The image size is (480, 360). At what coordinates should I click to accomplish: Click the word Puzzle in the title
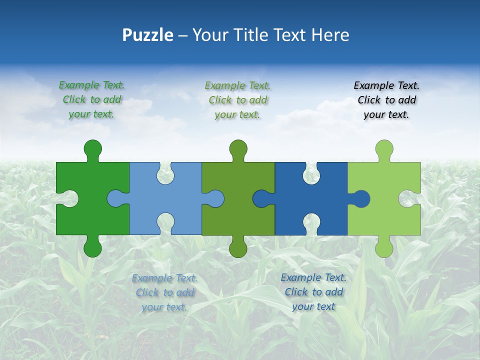[148, 35]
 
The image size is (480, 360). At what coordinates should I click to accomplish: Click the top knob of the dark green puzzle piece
[92, 149]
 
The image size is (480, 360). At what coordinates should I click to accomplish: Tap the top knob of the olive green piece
[238, 149]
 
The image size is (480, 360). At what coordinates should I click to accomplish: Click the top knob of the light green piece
[384, 149]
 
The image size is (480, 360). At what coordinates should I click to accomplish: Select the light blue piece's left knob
[116, 198]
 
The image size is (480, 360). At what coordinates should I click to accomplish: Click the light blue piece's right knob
[215, 198]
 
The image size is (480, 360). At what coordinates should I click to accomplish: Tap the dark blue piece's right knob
[361, 198]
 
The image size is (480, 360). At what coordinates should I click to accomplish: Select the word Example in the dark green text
[79, 85]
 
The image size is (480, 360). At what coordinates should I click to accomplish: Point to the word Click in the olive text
[220, 100]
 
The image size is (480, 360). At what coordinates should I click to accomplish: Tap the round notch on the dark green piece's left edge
[69, 198]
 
